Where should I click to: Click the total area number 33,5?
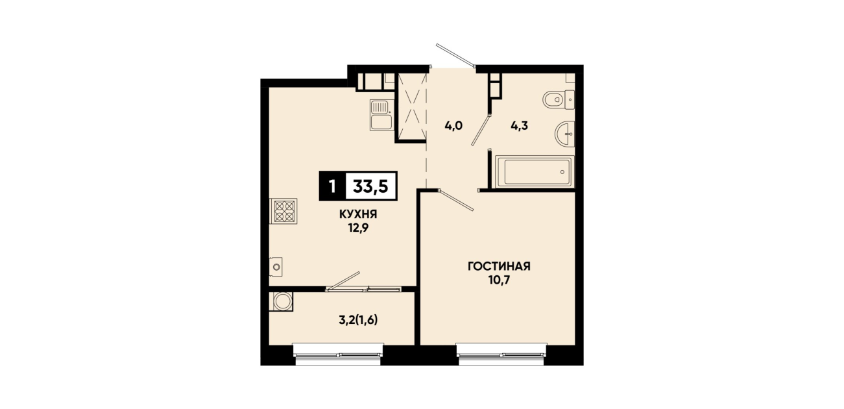point(370,186)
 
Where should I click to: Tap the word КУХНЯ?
point(358,214)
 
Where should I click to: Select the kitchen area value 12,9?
point(358,228)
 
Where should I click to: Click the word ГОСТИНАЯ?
point(499,267)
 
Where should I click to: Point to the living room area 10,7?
point(499,280)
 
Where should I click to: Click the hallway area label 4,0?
point(453,125)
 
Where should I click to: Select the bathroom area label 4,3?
point(519,125)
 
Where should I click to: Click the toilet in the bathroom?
point(559,100)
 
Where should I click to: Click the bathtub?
point(535,172)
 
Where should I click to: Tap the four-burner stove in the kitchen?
point(283,211)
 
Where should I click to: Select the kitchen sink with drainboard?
point(381,115)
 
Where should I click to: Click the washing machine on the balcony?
point(282,302)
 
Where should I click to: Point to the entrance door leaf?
point(455,56)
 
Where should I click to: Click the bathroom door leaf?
point(481,129)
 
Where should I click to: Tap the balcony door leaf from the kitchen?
point(343,281)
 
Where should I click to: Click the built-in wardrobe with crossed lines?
point(411,107)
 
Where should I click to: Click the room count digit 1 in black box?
point(332,186)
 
